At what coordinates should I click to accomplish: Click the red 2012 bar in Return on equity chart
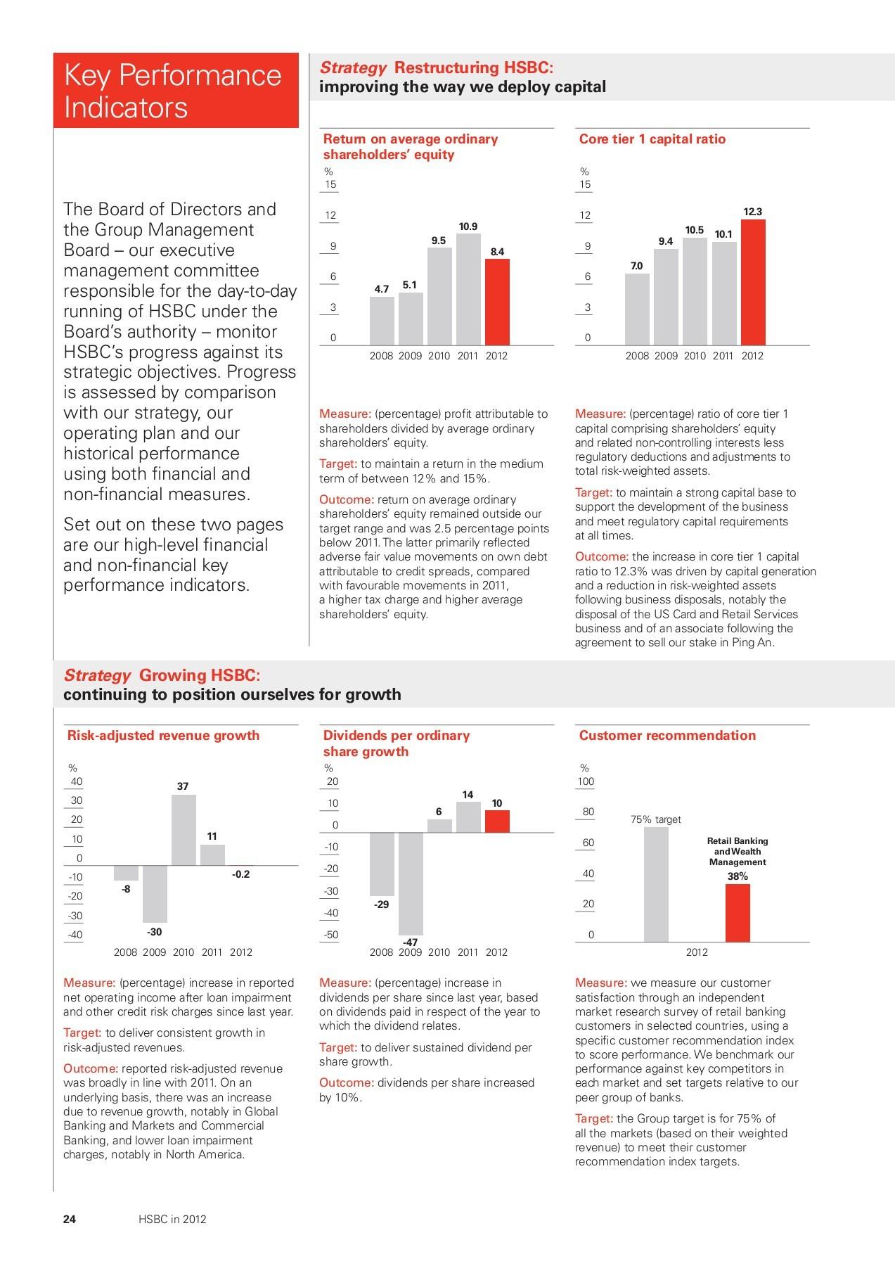point(497,302)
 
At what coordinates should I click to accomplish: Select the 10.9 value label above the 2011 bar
point(468,226)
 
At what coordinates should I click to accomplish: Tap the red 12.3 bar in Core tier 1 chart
point(753,281)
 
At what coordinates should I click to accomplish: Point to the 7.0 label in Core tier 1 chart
point(636,266)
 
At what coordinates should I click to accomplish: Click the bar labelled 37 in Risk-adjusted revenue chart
point(183,830)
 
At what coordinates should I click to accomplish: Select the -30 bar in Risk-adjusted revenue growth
point(155,893)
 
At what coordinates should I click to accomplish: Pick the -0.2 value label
point(241,874)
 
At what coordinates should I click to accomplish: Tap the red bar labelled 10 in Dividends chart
point(497,821)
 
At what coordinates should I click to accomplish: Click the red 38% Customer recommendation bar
point(738,912)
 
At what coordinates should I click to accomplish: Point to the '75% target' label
point(656,819)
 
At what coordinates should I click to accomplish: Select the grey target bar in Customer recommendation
point(656,884)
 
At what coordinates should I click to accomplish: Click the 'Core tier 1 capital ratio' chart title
point(652,139)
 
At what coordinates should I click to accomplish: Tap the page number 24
point(70,1219)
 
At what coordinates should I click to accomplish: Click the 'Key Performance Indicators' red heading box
point(176,91)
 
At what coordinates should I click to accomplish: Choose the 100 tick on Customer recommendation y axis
point(586,781)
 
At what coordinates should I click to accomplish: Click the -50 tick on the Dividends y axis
point(330,935)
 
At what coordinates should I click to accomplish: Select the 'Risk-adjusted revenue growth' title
point(163,736)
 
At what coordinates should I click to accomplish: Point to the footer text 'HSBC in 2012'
point(172,1219)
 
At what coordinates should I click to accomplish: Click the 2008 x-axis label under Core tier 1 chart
point(637,356)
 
